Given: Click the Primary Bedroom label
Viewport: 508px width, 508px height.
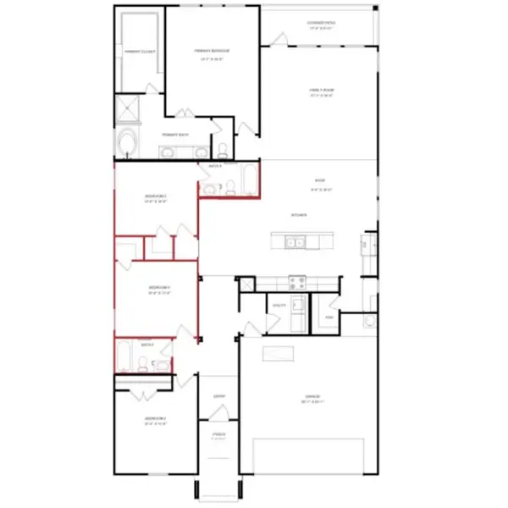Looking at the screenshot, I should pos(212,51).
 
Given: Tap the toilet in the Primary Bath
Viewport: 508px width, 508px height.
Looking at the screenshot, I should pos(223,151).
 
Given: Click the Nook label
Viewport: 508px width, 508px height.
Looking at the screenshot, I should pos(320,179).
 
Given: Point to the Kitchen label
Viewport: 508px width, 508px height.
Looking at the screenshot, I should pos(298,215).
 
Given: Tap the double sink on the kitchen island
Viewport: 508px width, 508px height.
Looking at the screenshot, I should pos(295,243).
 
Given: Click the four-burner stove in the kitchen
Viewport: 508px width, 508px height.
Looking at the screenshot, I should pos(298,283).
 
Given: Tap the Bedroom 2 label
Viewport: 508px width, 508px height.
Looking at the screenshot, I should pos(154,419).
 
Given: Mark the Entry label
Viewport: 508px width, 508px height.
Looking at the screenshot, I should pos(218,395).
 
